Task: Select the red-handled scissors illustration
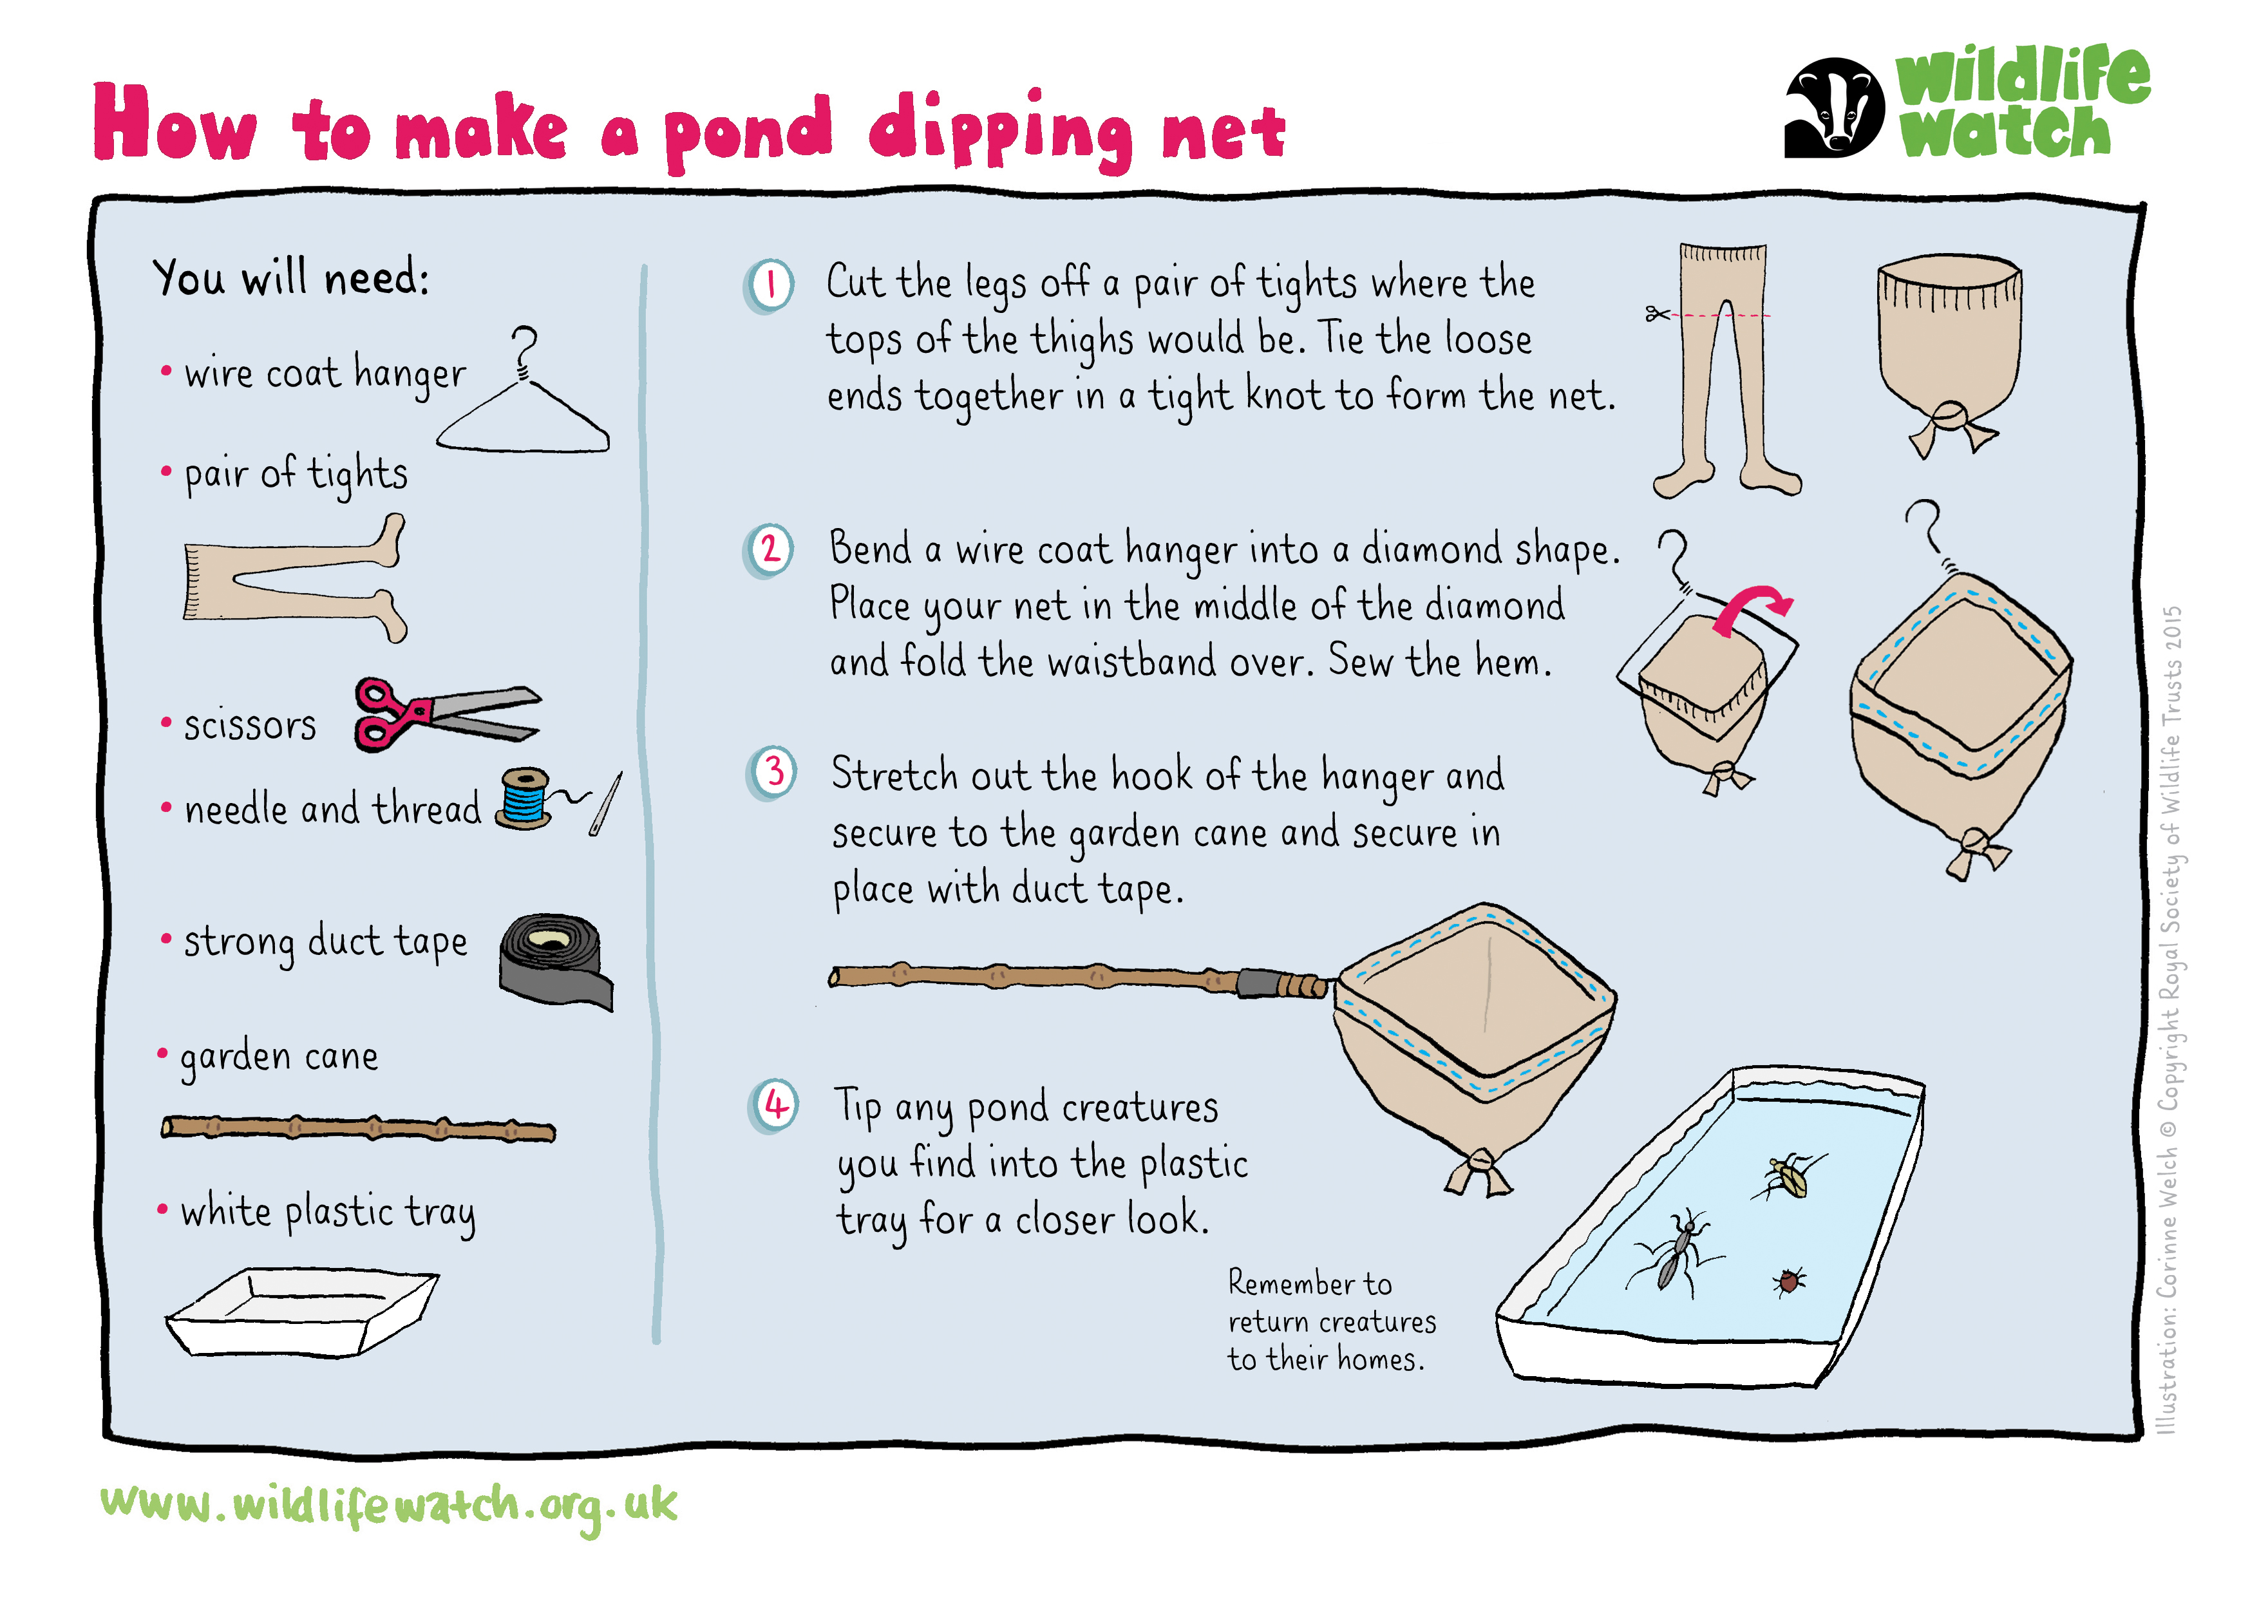pyautogui.click(x=445, y=714)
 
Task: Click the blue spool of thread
pyautogui.click(x=524, y=798)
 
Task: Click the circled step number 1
pyautogui.click(x=770, y=287)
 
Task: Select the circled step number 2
pyautogui.click(x=770, y=550)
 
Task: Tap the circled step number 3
pyautogui.click(x=773, y=773)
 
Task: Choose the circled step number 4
pyautogui.click(x=775, y=1106)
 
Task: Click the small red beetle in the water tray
pyautogui.click(x=1789, y=1281)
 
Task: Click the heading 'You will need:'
pyautogui.click(x=291, y=278)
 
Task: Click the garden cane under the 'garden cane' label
pyautogui.click(x=358, y=1129)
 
